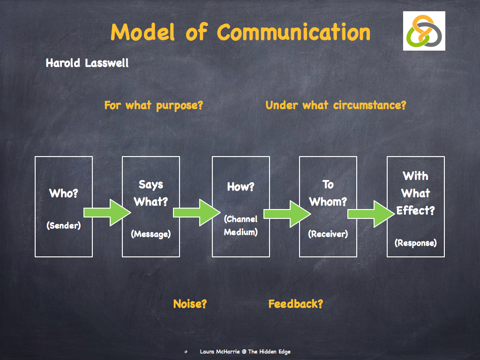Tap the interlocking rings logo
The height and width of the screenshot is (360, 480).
pyautogui.click(x=424, y=31)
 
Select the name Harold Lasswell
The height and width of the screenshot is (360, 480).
pyautogui.click(x=87, y=63)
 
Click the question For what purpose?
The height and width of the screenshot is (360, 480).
pyautogui.click(x=153, y=105)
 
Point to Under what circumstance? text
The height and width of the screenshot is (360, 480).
pyautogui.click(x=336, y=105)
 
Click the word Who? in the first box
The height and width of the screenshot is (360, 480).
pyautogui.click(x=63, y=193)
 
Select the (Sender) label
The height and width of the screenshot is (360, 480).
pyautogui.click(x=63, y=225)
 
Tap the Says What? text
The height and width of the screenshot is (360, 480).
pyautogui.click(x=151, y=193)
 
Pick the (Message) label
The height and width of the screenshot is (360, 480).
pyautogui.click(x=151, y=234)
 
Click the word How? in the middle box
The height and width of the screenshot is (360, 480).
pyautogui.click(x=240, y=187)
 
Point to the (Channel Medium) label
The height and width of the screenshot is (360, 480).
pyautogui.click(x=240, y=225)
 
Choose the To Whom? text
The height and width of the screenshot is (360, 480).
pyautogui.click(x=328, y=193)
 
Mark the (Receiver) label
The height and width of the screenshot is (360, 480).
pyautogui.click(x=328, y=234)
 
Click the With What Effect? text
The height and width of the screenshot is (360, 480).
pyautogui.click(x=415, y=193)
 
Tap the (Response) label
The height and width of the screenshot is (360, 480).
pyautogui.click(x=415, y=243)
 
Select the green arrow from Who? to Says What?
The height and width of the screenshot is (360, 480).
pyautogui.click(x=107, y=212)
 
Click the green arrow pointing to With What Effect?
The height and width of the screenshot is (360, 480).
pyautogui.click(x=371, y=214)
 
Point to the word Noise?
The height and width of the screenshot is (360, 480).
pyautogui.click(x=190, y=304)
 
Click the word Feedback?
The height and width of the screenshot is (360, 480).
pyautogui.click(x=295, y=304)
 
